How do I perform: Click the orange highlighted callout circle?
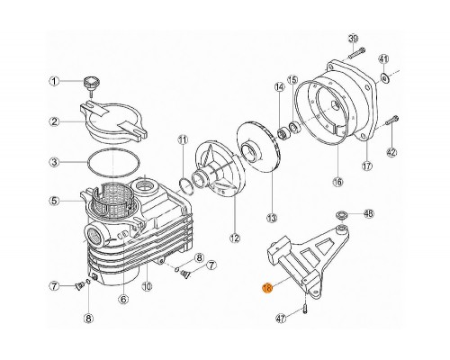[x=267, y=288]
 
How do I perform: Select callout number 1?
[x=54, y=82]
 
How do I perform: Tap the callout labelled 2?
[x=54, y=121]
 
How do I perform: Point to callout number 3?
[x=54, y=163]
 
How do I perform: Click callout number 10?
[x=147, y=287]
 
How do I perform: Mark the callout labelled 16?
[x=337, y=182]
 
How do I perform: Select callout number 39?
[x=353, y=37]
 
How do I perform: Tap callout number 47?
[x=281, y=318]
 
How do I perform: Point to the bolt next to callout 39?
[x=352, y=57]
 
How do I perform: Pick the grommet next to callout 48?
[x=343, y=215]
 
